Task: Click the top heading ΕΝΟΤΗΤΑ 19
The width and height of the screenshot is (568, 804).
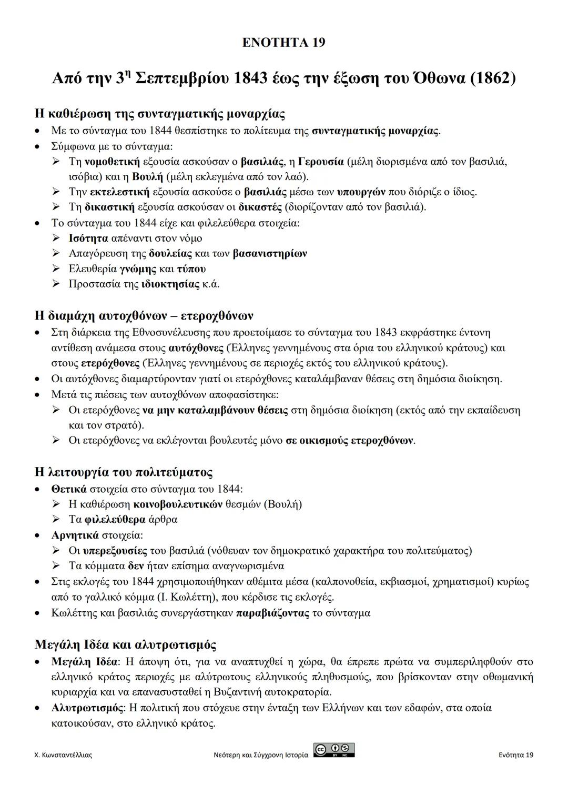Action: [283, 43]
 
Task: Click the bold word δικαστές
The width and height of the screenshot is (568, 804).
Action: [260, 207]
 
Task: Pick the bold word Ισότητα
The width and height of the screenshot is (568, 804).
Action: [88, 239]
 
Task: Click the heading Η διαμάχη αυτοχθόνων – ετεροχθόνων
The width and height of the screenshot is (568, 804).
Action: [144, 316]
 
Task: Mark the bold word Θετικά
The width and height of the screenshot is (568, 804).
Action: [69, 489]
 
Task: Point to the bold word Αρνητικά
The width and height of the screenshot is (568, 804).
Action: [75, 535]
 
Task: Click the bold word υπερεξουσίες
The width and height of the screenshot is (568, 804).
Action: [116, 551]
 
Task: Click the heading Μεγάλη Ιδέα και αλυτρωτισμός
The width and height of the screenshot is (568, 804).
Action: [125, 645]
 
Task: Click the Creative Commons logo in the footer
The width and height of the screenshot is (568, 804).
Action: [333, 750]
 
